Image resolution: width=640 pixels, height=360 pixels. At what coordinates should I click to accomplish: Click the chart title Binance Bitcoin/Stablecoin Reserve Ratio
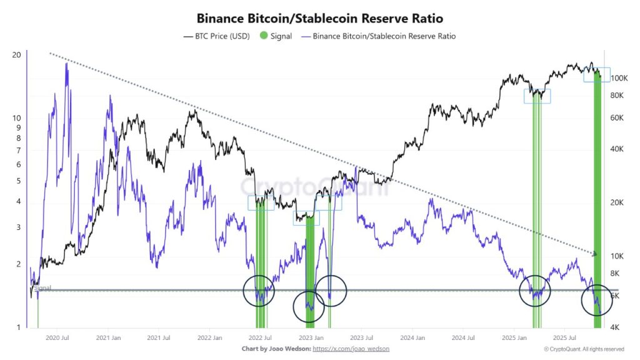pos(319,19)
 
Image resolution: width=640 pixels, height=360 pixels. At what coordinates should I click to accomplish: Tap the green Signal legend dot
pos(263,36)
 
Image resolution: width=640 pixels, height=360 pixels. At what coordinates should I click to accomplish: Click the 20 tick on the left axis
pos(17,54)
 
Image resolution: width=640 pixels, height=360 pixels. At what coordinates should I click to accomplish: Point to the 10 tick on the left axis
pos(17,117)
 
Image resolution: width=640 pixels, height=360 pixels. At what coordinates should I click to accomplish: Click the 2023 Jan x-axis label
pos(311,337)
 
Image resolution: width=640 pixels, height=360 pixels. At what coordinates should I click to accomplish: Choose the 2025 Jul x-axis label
pos(565,337)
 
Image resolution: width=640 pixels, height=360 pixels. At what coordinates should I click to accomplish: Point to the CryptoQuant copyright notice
pos(584,349)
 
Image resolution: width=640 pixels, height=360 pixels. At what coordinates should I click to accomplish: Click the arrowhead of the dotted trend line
pos(595,254)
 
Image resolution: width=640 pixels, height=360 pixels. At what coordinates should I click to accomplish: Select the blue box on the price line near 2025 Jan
pos(537,96)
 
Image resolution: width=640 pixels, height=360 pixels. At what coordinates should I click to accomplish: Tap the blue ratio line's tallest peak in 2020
pos(66,64)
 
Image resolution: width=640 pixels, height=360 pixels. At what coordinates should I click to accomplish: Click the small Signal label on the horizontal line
pos(42,287)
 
